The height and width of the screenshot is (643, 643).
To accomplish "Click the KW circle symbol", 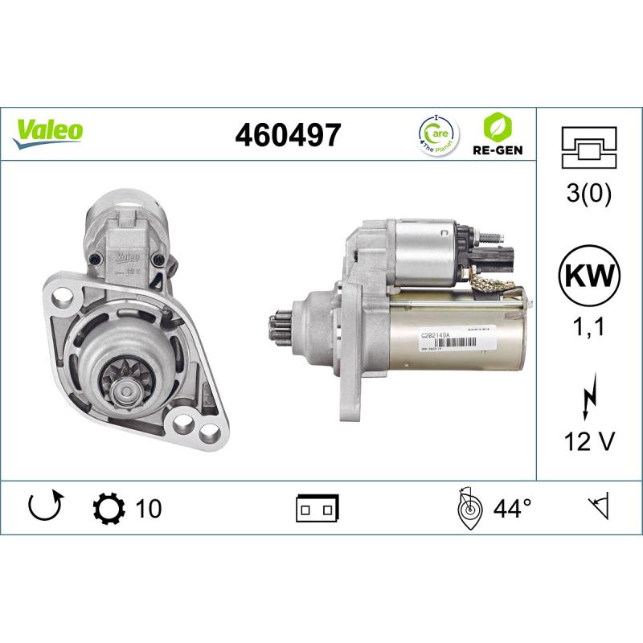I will pyautogui.click(x=589, y=276).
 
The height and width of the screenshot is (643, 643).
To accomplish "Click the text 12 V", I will pyautogui.click(x=589, y=440).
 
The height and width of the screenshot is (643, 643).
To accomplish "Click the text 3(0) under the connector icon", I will pyautogui.click(x=589, y=194).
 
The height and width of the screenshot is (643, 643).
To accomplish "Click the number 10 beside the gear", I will pyautogui.click(x=149, y=508).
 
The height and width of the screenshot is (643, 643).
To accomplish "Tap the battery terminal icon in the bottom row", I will pyautogui.click(x=317, y=508).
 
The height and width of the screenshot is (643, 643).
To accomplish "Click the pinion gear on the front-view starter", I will pyautogui.click(x=127, y=387).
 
